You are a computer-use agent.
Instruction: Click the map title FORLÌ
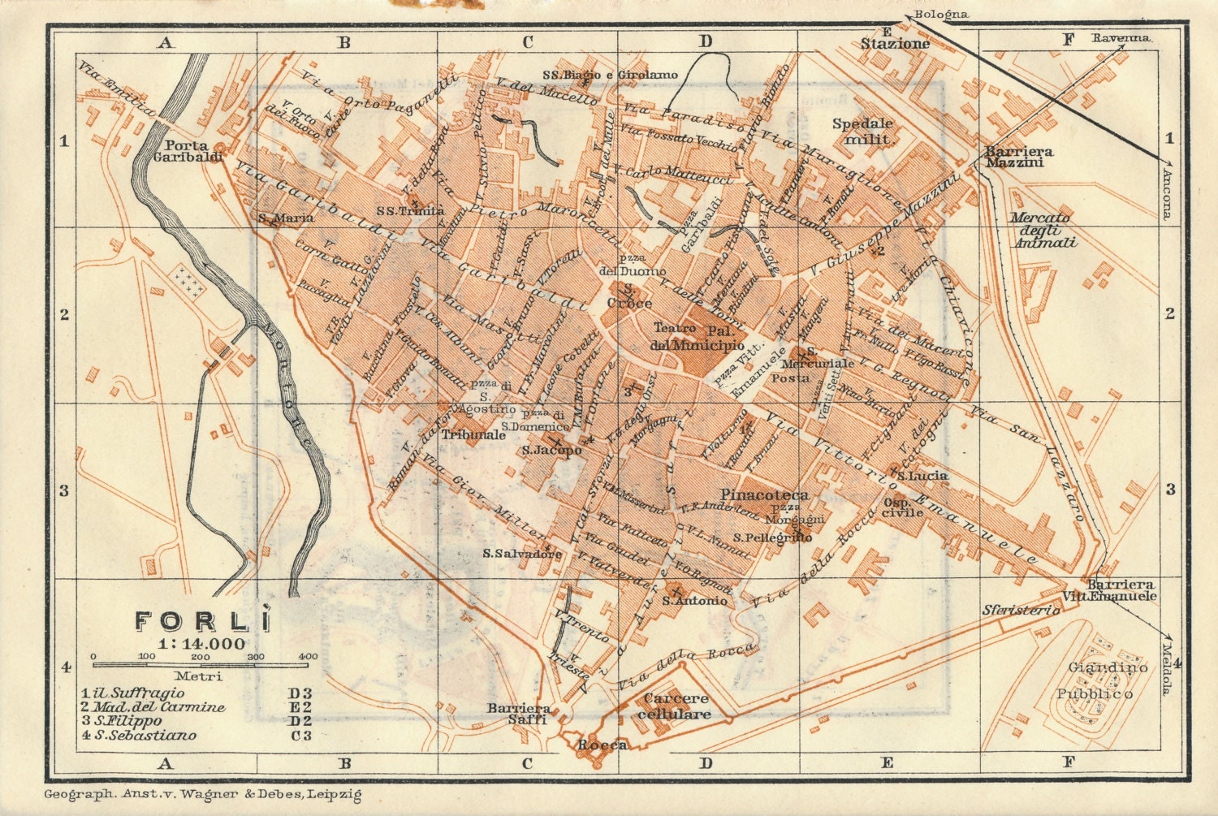pyautogui.click(x=201, y=621)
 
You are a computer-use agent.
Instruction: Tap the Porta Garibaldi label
pyautogui.click(x=188, y=151)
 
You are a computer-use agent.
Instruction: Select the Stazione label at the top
pyautogui.click(x=895, y=44)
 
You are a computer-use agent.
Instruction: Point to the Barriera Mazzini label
pyautogui.click(x=1019, y=157)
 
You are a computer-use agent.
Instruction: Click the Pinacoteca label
pyautogui.click(x=764, y=494)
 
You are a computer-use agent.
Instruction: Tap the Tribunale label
pyautogui.click(x=473, y=435)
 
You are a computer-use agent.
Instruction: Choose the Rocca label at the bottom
pyautogui.click(x=602, y=745)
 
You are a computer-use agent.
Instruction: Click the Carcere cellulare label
pyautogui.click(x=676, y=706)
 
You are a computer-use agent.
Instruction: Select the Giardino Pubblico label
pyautogui.click(x=1107, y=680)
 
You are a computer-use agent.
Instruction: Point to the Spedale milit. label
pyautogui.click(x=862, y=132)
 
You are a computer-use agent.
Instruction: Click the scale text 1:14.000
pyautogui.click(x=202, y=644)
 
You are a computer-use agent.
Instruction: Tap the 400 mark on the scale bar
pyautogui.click(x=308, y=656)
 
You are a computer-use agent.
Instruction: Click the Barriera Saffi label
pyautogui.click(x=518, y=714)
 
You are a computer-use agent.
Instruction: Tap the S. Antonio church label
pyautogui.click(x=694, y=601)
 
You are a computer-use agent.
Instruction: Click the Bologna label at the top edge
pyautogui.click(x=941, y=14)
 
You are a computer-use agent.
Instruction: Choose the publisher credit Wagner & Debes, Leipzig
pyautogui.click(x=203, y=795)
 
